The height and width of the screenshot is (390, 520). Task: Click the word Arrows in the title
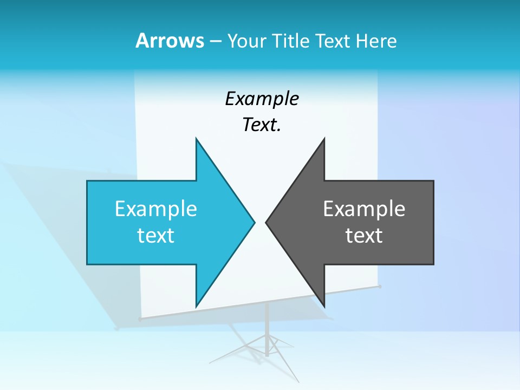pyautogui.click(x=170, y=41)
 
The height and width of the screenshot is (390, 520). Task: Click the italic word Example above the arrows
pyautogui.click(x=262, y=99)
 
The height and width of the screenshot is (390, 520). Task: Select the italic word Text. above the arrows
pyautogui.click(x=262, y=125)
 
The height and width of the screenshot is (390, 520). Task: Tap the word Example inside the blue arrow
pyautogui.click(x=156, y=209)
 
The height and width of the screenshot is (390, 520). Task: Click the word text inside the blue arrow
pyautogui.click(x=156, y=236)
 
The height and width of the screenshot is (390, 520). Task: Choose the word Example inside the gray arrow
pyautogui.click(x=364, y=209)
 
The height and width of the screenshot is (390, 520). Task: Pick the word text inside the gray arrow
pyautogui.click(x=364, y=236)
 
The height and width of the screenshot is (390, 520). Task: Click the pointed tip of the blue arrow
pyautogui.click(x=253, y=222)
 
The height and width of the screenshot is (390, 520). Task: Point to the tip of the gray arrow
pyautogui.click(x=266, y=222)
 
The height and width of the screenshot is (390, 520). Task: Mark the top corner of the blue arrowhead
pyautogui.click(x=197, y=140)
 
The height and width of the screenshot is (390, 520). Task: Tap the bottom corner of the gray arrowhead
pyautogui.click(x=324, y=305)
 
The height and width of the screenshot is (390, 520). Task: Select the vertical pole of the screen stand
pyautogui.click(x=267, y=320)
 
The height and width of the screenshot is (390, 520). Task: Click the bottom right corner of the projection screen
pyautogui.click(x=380, y=286)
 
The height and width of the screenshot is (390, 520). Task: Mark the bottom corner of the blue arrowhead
pyautogui.click(x=197, y=305)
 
